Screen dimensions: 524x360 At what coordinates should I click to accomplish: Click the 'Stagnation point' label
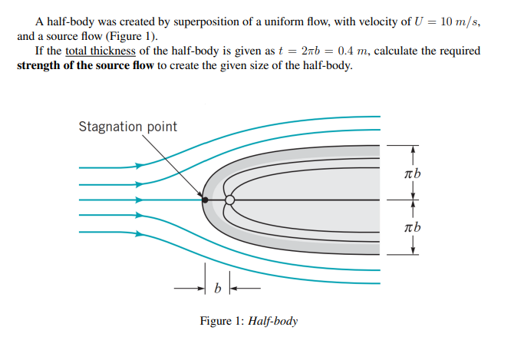127,127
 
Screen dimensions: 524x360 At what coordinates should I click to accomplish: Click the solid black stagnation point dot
205,200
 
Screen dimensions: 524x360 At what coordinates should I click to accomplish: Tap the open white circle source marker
229,200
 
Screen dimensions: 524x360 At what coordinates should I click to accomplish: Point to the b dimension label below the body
217,289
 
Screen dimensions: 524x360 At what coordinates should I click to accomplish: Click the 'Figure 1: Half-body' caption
249,320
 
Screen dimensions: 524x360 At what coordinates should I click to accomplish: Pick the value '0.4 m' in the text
357,51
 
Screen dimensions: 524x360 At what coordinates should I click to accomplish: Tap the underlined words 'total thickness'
101,51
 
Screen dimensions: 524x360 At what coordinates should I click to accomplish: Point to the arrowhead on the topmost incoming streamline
139,166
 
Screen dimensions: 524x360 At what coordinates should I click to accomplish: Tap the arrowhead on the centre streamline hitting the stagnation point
139,200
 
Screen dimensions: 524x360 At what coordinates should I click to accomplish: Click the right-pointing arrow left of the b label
196,289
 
